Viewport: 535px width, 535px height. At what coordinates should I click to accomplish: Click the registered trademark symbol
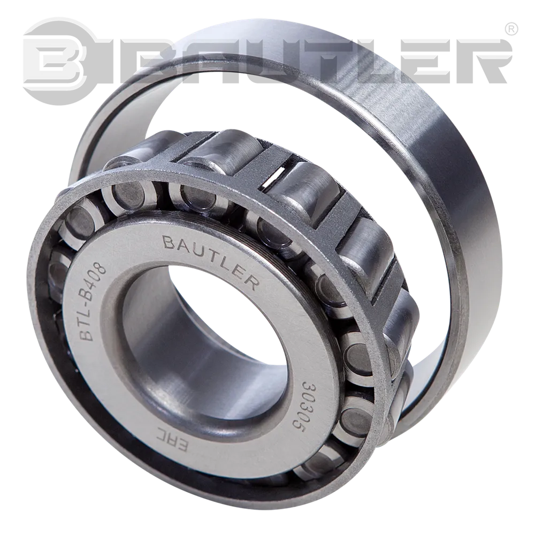point(511,29)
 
